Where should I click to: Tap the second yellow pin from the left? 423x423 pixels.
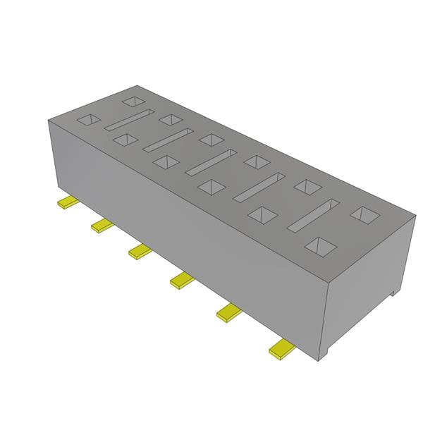pyautogui.click(x=102, y=226)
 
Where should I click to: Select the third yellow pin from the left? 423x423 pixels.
pyautogui.click(x=140, y=250)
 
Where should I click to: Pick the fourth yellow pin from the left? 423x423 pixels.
pyautogui.click(x=182, y=280)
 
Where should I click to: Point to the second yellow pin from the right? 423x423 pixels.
pyautogui.click(x=229, y=311)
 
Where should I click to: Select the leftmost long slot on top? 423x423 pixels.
pyautogui.click(x=129, y=120)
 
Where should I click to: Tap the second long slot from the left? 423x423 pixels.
pyautogui.click(x=168, y=140)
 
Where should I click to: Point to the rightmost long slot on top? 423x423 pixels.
pyautogui.click(x=312, y=214)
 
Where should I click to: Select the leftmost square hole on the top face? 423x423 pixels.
pyautogui.click(x=90, y=121)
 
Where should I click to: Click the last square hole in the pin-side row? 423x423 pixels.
pyautogui.click(x=321, y=246)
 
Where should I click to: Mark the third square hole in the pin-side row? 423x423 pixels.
pyautogui.click(x=165, y=162)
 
